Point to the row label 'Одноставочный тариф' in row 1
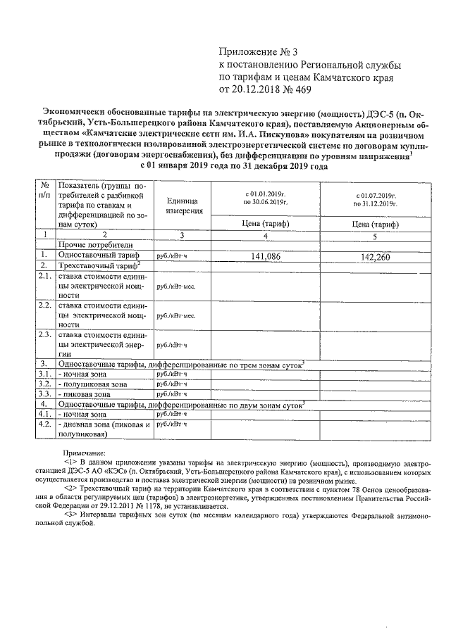click(100, 256)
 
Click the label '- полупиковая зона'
click(93, 384)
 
